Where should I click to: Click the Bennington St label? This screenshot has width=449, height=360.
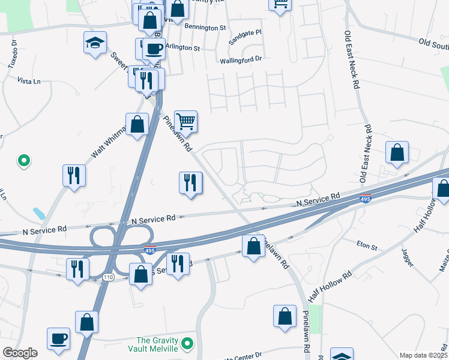tap(205, 28)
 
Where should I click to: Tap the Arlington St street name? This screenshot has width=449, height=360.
tap(182, 47)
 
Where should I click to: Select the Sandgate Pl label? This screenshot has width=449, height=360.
tap(246, 42)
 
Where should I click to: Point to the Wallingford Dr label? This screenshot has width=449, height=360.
tap(241, 59)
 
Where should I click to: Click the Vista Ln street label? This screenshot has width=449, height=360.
tap(29, 80)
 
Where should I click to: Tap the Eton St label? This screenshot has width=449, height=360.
tap(366, 247)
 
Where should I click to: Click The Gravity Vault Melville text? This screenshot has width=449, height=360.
tap(152, 344)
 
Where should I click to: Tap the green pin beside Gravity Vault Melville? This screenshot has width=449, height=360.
tap(187, 344)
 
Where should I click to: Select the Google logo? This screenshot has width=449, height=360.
tap(20, 353)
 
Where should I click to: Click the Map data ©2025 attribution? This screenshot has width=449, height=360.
tap(423, 355)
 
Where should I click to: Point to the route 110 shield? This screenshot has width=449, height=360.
tap(108, 277)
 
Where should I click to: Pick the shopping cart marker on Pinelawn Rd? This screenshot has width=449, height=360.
tap(186, 121)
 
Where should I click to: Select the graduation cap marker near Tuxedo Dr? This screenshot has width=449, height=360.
tap(95, 43)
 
